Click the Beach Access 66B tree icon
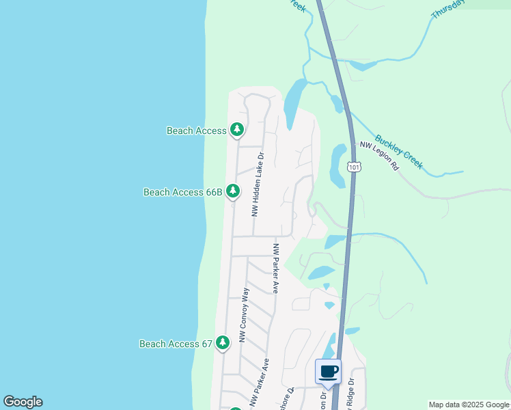tap(233, 191)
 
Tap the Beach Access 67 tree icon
tap(223, 342)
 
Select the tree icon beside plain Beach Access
tap(237, 128)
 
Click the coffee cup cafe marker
tap(328, 371)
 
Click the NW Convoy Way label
tap(244, 314)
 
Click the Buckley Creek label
tap(399, 150)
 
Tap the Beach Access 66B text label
tap(182, 193)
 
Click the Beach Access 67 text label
tap(176, 344)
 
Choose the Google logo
tap(23, 402)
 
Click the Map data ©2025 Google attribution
tap(469, 405)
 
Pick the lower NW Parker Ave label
tap(258, 384)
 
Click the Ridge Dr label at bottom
tap(350, 395)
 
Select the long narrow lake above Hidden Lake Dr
tap(292, 102)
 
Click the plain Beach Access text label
tap(196, 131)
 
